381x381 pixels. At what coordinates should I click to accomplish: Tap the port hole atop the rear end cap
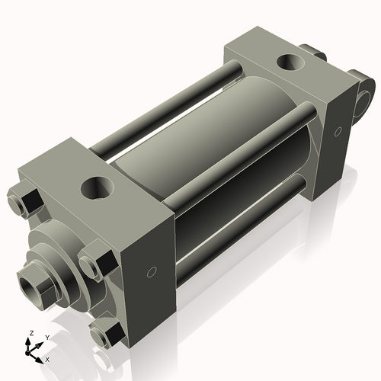(290, 62)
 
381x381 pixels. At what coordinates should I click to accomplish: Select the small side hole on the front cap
(151, 271)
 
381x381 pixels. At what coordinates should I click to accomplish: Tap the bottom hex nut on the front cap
(105, 333)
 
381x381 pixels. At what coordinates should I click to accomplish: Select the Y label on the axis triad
(46, 336)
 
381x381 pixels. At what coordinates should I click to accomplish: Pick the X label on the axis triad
(48, 358)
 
